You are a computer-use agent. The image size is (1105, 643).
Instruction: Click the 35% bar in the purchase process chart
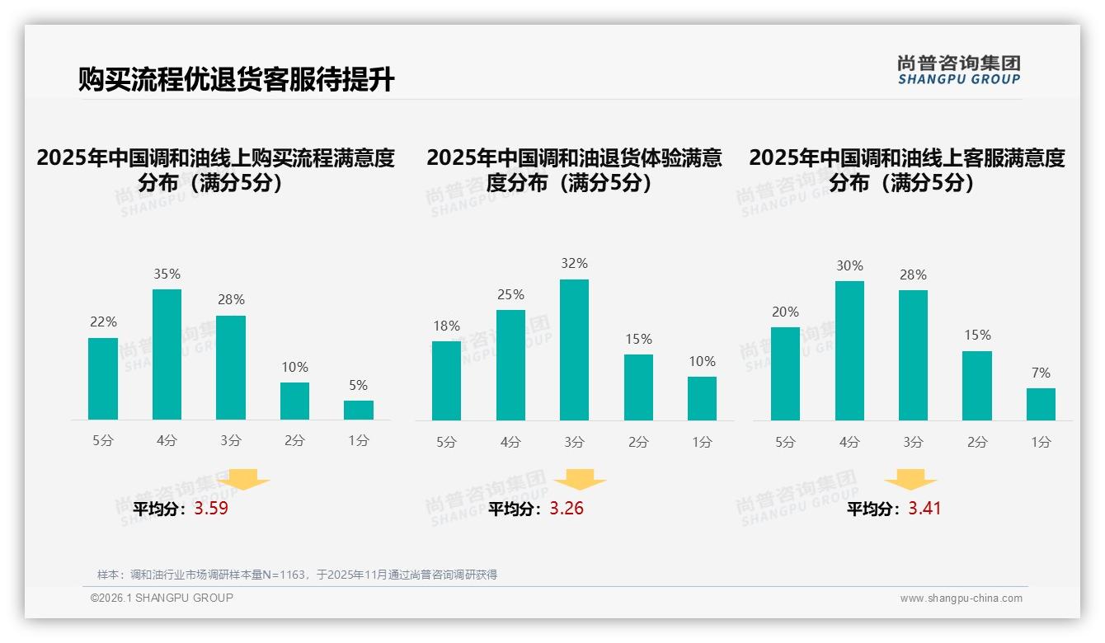pos(167,354)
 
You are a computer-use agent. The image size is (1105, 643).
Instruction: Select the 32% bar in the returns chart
pos(574,350)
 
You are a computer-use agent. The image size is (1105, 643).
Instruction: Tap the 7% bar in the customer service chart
pos(1041,404)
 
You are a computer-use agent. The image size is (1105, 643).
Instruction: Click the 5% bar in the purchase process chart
pos(359,410)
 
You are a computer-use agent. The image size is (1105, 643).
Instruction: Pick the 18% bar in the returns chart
pos(446,380)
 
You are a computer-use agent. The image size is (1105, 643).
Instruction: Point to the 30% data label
pos(849,265)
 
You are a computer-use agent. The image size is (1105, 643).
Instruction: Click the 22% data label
pos(103,321)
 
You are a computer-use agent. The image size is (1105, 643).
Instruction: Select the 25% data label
pos(510,294)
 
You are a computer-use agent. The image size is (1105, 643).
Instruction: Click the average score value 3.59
pos(211,509)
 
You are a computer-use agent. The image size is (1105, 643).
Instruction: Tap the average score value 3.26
pos(567,509)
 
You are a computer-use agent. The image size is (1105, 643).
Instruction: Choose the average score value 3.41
pos(924,509)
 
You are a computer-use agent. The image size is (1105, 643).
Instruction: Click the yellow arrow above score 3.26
pos(580,480)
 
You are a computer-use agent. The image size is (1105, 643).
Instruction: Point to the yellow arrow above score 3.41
pos(910,480)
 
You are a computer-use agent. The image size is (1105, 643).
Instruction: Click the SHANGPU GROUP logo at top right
pos(958,70)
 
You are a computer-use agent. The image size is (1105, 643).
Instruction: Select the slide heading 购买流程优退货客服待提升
pos(237,80)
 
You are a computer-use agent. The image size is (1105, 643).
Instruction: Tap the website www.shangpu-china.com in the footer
pos(961,598)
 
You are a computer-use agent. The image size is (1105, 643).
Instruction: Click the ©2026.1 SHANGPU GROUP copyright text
pos(162,598)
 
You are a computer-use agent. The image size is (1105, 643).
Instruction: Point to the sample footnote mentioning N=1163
pos(297,575)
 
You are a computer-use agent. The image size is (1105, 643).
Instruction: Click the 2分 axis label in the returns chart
pos(638,442)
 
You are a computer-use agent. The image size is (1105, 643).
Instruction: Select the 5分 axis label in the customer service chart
pos(785,442)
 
